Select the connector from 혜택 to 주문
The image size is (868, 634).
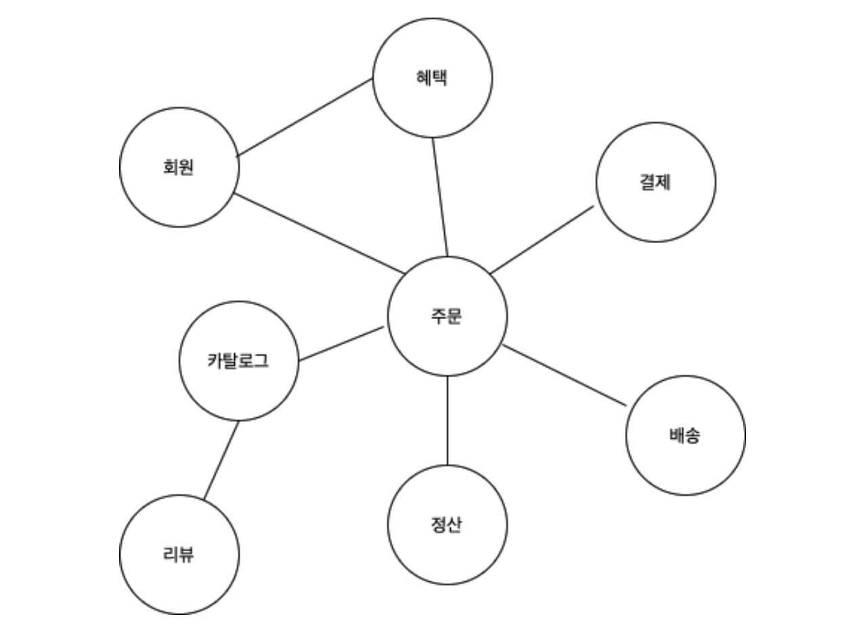coord(440,197)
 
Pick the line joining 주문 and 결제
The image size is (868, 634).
coord(542,240)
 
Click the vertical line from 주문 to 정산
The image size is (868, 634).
coord(447,420)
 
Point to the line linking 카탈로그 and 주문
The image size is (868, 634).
coord(341,344)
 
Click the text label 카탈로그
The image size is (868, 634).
coord(238,361)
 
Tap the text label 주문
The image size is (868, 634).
coord(447,316)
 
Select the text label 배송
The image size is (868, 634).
coord(685,436)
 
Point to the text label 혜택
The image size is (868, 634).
coord(433,78)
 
